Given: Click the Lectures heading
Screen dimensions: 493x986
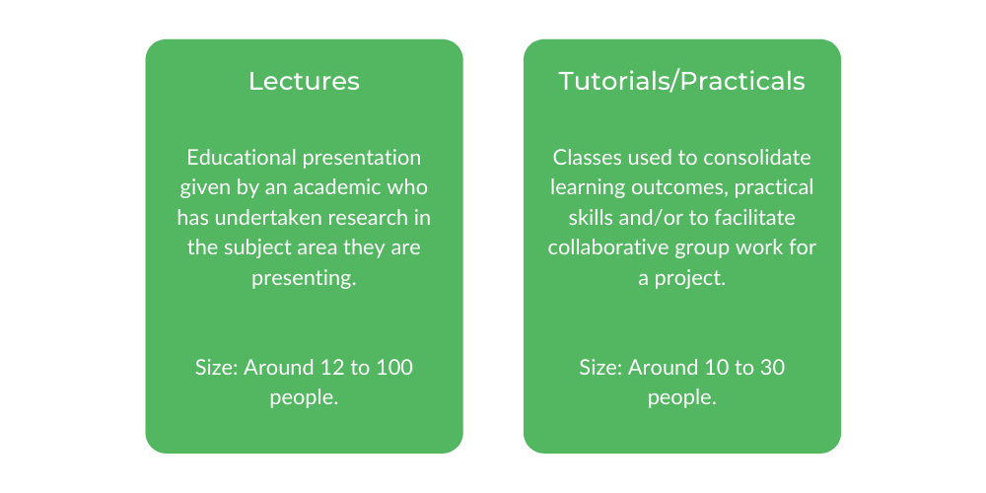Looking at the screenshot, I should (x=304, y=81).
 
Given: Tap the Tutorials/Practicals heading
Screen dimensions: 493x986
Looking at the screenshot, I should (x=681, y=81).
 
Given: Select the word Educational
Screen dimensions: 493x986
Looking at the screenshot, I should (x=239, y=158).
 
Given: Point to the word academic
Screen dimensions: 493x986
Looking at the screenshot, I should (x=362, y=187).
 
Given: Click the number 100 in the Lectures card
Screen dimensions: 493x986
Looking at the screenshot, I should (x=393, y=368).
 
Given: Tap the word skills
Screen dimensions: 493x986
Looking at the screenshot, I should (x=575, y=217).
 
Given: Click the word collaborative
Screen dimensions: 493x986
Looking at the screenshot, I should (x=608, y=247).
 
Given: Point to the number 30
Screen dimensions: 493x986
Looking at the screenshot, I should (x=772, y=368).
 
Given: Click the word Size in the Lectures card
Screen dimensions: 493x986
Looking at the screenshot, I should (x=216, y=368).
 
